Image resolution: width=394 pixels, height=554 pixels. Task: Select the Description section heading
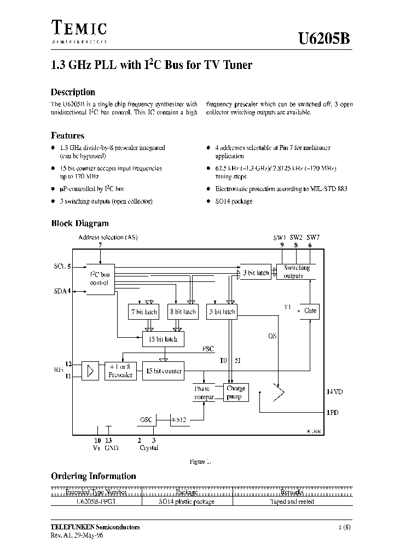(x=73, y=92)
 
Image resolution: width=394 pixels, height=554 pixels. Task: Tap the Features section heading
(x=67, y=135)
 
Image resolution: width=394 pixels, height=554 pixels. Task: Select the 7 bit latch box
(x=143, y=311)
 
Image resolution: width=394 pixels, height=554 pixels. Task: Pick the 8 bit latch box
(x=182, y=311)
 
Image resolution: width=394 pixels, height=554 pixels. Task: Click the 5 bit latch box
(x=222, y=311)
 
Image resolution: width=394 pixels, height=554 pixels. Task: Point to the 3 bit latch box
(x=256, y=272)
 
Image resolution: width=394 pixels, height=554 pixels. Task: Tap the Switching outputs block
(x=297, y=272)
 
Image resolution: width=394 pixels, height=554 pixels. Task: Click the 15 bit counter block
(x=163, y=371)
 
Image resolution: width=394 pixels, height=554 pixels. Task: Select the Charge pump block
(x=236, y=392)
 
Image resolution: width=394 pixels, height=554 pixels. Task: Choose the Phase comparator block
(x=203, y=393)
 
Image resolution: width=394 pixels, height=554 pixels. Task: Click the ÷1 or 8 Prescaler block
(x=120, y=371)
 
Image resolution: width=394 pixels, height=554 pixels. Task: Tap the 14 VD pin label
(x=334, y=392)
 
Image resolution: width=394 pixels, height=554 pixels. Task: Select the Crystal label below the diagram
(x=148, y=448)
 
